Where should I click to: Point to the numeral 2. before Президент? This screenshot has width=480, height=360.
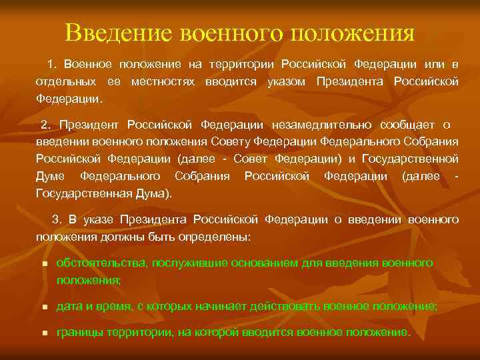tap(46, 125)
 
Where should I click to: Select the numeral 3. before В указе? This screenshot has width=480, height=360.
tap(57, 219)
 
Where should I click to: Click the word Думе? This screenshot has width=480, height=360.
tap(50, 176)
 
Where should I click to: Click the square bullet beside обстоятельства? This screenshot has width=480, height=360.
tap(44, 264)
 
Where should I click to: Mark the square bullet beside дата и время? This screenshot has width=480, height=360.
tap(44, 307)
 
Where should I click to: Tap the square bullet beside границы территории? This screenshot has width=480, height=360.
tap(44, 333)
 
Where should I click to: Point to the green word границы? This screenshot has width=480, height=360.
tap(79, 332)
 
